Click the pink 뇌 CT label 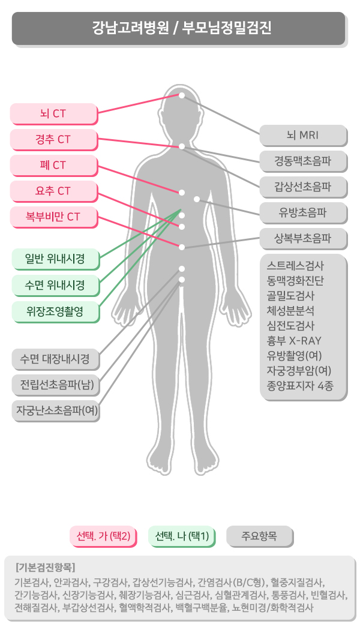tap(53, 114)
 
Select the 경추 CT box tap(53, 139)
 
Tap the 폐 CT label tap(53, 165)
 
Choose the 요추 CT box tap(53, 191)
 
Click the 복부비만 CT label tap(53, 217)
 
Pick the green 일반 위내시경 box tap(55, 259)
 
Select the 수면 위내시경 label tap(55, 285)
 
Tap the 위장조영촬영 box tap(55, 311)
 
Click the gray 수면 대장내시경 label tap(55, 359)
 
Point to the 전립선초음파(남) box tap(55, 385)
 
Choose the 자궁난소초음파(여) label tap(55, 410)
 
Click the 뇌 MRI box tap(304, 136)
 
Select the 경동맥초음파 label tap(304, 161)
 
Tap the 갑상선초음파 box tap(304, 187)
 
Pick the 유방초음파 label tap(304, 213)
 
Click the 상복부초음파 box tap(304, 239)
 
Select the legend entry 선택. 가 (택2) tap(103, 536)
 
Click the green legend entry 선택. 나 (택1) tap(182, 536)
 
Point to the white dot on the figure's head tap(182, 95)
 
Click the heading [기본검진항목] tap(46, 568)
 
